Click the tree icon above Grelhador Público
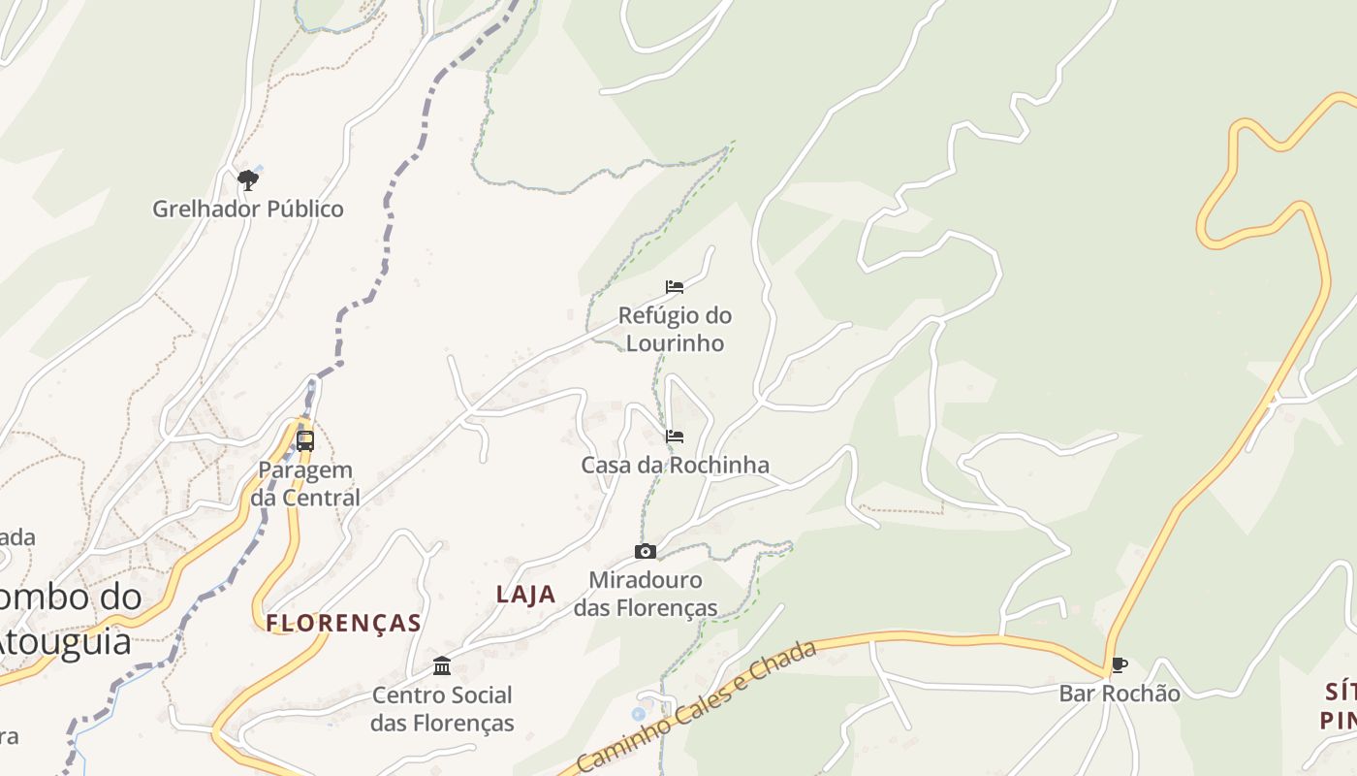pyautogui.click(x=248, y=179)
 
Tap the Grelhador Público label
pyautogui.click(x=248, y=209)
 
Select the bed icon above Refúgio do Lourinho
pyautogui.click(x=675, y=286)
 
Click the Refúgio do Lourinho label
pyautogui.click(x=675, y=329)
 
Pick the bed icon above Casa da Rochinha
pyautogui.click(x=675, y=436)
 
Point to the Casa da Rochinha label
pyautogui.click(x=675, y=465)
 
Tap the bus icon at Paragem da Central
pyautogui.click(x=305, y=440)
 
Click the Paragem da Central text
pyautogui.click(x=305, y=483)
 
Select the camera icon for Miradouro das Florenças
pyautogui.click(x=646, y=552)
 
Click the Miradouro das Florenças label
pyautogui.click(x=646, y=594)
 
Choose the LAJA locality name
pyautogui.click(x=526, y=595)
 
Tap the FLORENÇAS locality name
pyautogui.click(x=344, y=623)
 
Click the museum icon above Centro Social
pyautogui.click(x=443, y=665)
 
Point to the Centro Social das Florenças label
pyautogui.click(x=443, y=708)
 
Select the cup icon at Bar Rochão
pyautogui.click(x=1120, y=665)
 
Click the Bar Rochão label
pyautogui.click(x=1120, y=694)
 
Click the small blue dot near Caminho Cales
pyautogui.click(x=638, y=714)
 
